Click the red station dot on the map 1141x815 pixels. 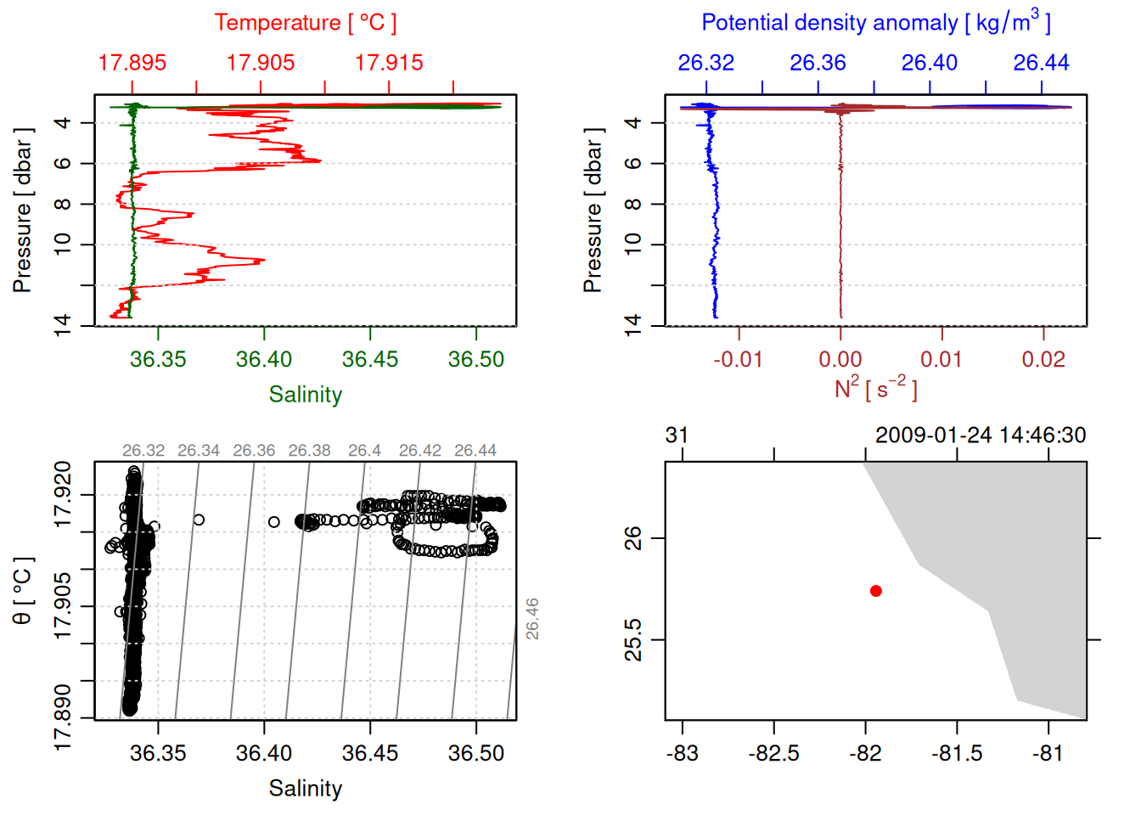875,591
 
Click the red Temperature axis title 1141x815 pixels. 305,23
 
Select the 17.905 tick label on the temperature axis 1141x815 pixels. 261,63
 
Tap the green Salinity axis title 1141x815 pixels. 305,395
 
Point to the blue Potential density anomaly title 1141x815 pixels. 875,23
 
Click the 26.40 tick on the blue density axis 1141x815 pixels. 930,63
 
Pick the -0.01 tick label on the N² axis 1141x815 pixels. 738,360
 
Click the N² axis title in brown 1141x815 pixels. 875,388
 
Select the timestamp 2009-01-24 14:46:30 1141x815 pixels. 981,436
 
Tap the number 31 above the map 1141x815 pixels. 677,436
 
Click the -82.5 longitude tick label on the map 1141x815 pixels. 773,754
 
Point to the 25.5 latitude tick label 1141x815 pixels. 633,639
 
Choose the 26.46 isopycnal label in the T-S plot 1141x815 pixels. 532,619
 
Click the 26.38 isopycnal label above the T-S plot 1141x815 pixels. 309,451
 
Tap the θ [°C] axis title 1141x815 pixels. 23,591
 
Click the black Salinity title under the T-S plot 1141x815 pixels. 305,789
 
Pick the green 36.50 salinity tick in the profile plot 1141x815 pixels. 475,360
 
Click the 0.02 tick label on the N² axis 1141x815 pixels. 1043,360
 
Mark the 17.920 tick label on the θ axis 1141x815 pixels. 63,494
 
